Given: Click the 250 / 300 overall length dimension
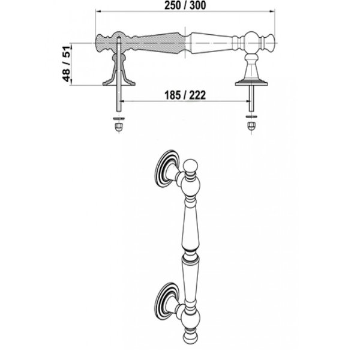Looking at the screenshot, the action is (185, 5).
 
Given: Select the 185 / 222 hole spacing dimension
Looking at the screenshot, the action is (185, 95).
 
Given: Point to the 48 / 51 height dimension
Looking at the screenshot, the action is (67, 64).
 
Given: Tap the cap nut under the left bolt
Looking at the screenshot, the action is (118, 127).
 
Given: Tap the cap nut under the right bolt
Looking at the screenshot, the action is (251, 126).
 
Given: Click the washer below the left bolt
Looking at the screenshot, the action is (119, 119).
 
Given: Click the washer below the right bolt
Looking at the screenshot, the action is (251, 116).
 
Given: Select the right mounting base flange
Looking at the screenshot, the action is (251, 83).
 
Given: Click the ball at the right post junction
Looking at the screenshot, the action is (251, 43).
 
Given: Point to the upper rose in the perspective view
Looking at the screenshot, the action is (166, 169).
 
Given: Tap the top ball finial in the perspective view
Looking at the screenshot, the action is (191, 166).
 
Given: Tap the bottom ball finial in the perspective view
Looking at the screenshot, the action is (191, 337).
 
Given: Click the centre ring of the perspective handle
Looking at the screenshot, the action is (190, 254).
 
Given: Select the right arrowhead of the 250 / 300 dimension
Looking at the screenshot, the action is (272, 11).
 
